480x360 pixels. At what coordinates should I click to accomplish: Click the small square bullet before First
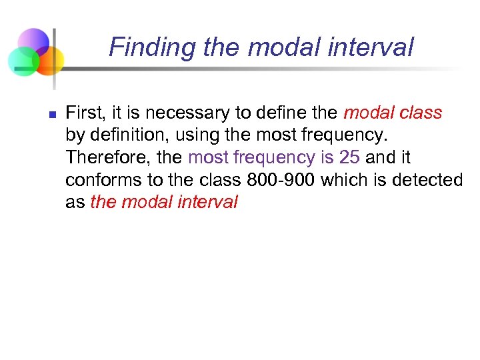click(x=51, y=114)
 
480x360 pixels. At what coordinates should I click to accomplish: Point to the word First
click(x=83, y=113)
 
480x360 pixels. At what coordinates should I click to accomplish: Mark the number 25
click(x=350, y=157)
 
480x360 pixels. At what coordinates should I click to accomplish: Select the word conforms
click(x=97, y=180)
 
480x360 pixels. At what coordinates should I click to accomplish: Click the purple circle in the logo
click(x=33, y=42)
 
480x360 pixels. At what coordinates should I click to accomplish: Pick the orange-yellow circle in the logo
click(x=49, y=61)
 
